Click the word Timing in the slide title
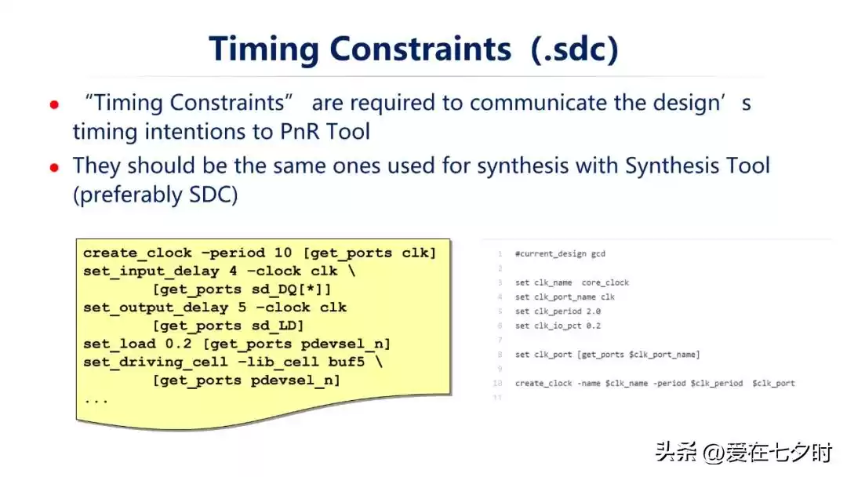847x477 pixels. (x=264, y=49)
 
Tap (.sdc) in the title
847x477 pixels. (x=575, y=49)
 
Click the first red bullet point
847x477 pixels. (x=54, y=105)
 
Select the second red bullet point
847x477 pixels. (x=54, y=168)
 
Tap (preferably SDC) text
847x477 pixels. (x=155, y=195)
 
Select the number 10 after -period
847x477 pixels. (x=283, y=253)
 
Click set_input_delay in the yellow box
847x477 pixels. (x=151, y=271)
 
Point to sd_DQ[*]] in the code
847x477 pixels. (x=291, y=289)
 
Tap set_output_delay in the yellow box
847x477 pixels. (x=155, y=308)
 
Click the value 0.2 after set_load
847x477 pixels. (x=178, y=344)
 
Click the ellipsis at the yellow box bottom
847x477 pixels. (x=96, y=401)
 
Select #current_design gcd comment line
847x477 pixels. (x=560, y=254)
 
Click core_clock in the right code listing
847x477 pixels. (x=605, y=282)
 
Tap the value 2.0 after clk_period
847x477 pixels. (x=593, y=311)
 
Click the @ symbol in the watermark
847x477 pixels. (x=712, y=453)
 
